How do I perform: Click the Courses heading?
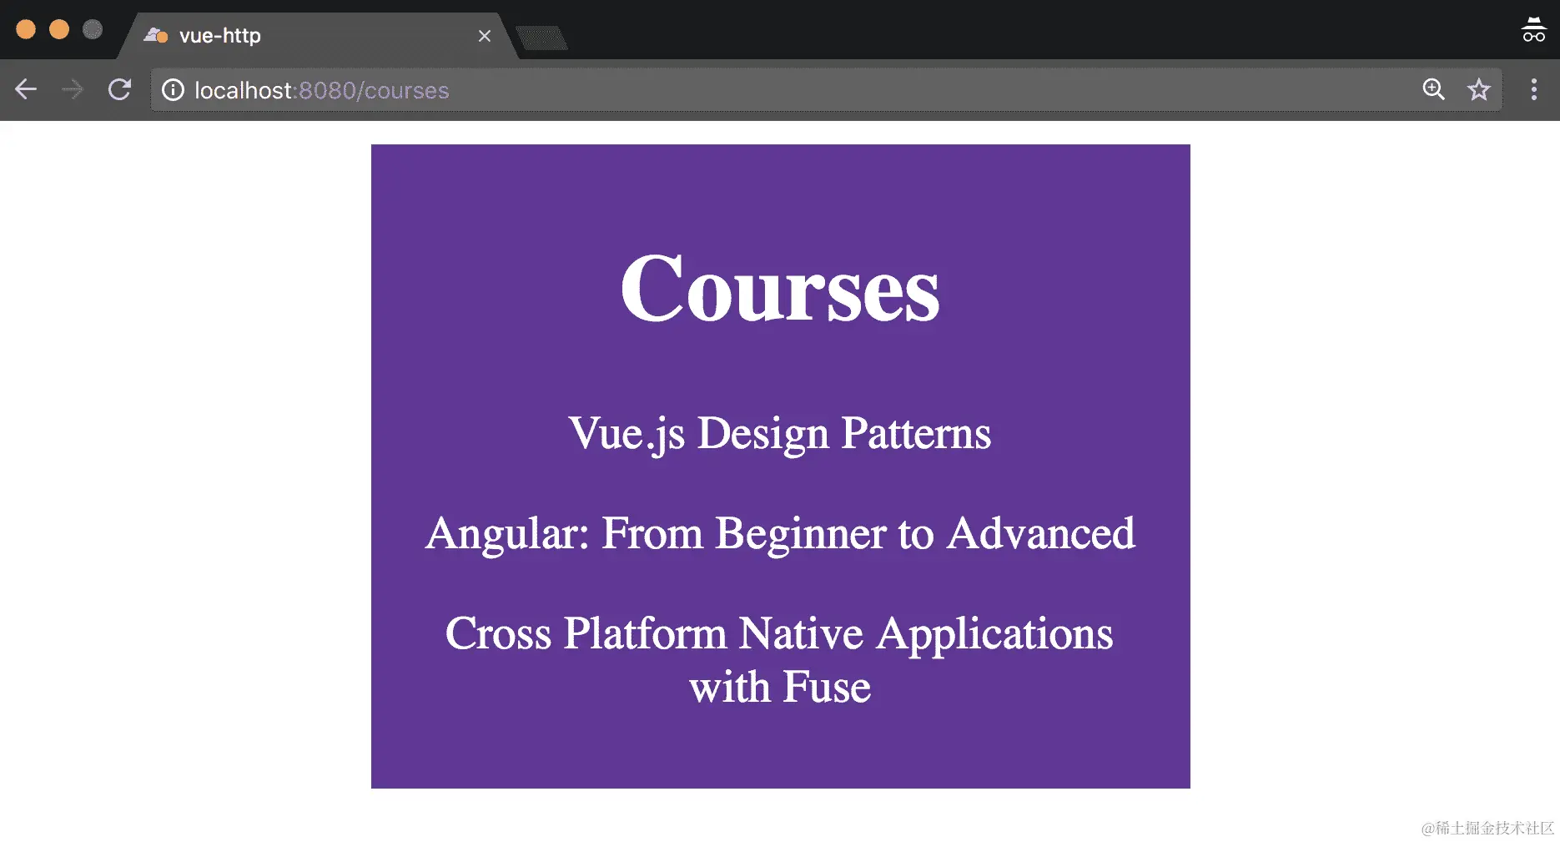click(x=780, y=289)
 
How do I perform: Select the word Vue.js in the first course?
click(x=627, y=435)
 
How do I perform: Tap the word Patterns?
click(x=916, y=433)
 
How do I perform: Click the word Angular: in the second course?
click(x=507, y=534)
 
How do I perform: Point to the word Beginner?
click(x=801, y=534)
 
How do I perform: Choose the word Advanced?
click(x=1041, y=533)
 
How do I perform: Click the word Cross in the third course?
click(x=498, y=633)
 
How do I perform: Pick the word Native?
click(x=801, y=633)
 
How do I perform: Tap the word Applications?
click(x=994, y=635)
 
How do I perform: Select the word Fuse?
click(x=827, y=688)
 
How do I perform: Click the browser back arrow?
click(x=26, y=89)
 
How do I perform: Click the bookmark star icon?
click(x=1479, y=89)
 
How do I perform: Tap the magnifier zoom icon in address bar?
click(x=1433, y=89)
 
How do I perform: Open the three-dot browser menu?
click(x=1533, y=89)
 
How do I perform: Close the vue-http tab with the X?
click(x=485, y=36)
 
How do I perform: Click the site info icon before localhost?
click(x=173, y=90)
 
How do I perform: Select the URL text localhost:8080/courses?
click(x=322, y=90)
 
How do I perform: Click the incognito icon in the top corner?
click(x=1533, y=29)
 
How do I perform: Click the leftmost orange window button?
click(x=26, y=29)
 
